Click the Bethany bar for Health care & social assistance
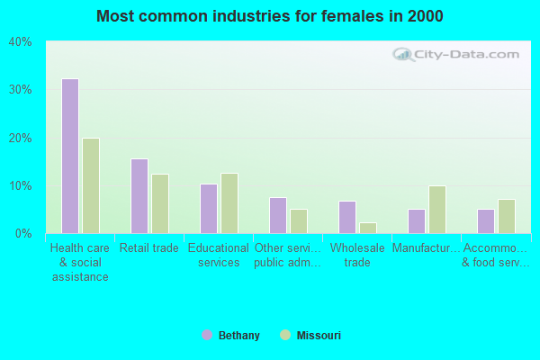point(70,156)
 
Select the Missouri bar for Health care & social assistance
point(91,185)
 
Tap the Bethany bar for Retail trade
point(139,196)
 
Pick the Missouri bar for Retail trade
point(160,203)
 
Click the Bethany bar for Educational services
point(209,209)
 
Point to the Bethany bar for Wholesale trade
point(347,217)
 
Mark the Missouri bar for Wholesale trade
point(368,228)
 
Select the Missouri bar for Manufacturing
point(437,210)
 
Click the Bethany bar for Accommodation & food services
point(486,221)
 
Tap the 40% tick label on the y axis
point(21,42)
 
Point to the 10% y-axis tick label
point(21,186)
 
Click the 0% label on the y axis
point(23,234)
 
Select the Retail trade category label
point(149,248)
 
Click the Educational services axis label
point(219,256)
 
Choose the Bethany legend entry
point(231,336)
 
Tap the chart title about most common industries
point(270,16)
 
